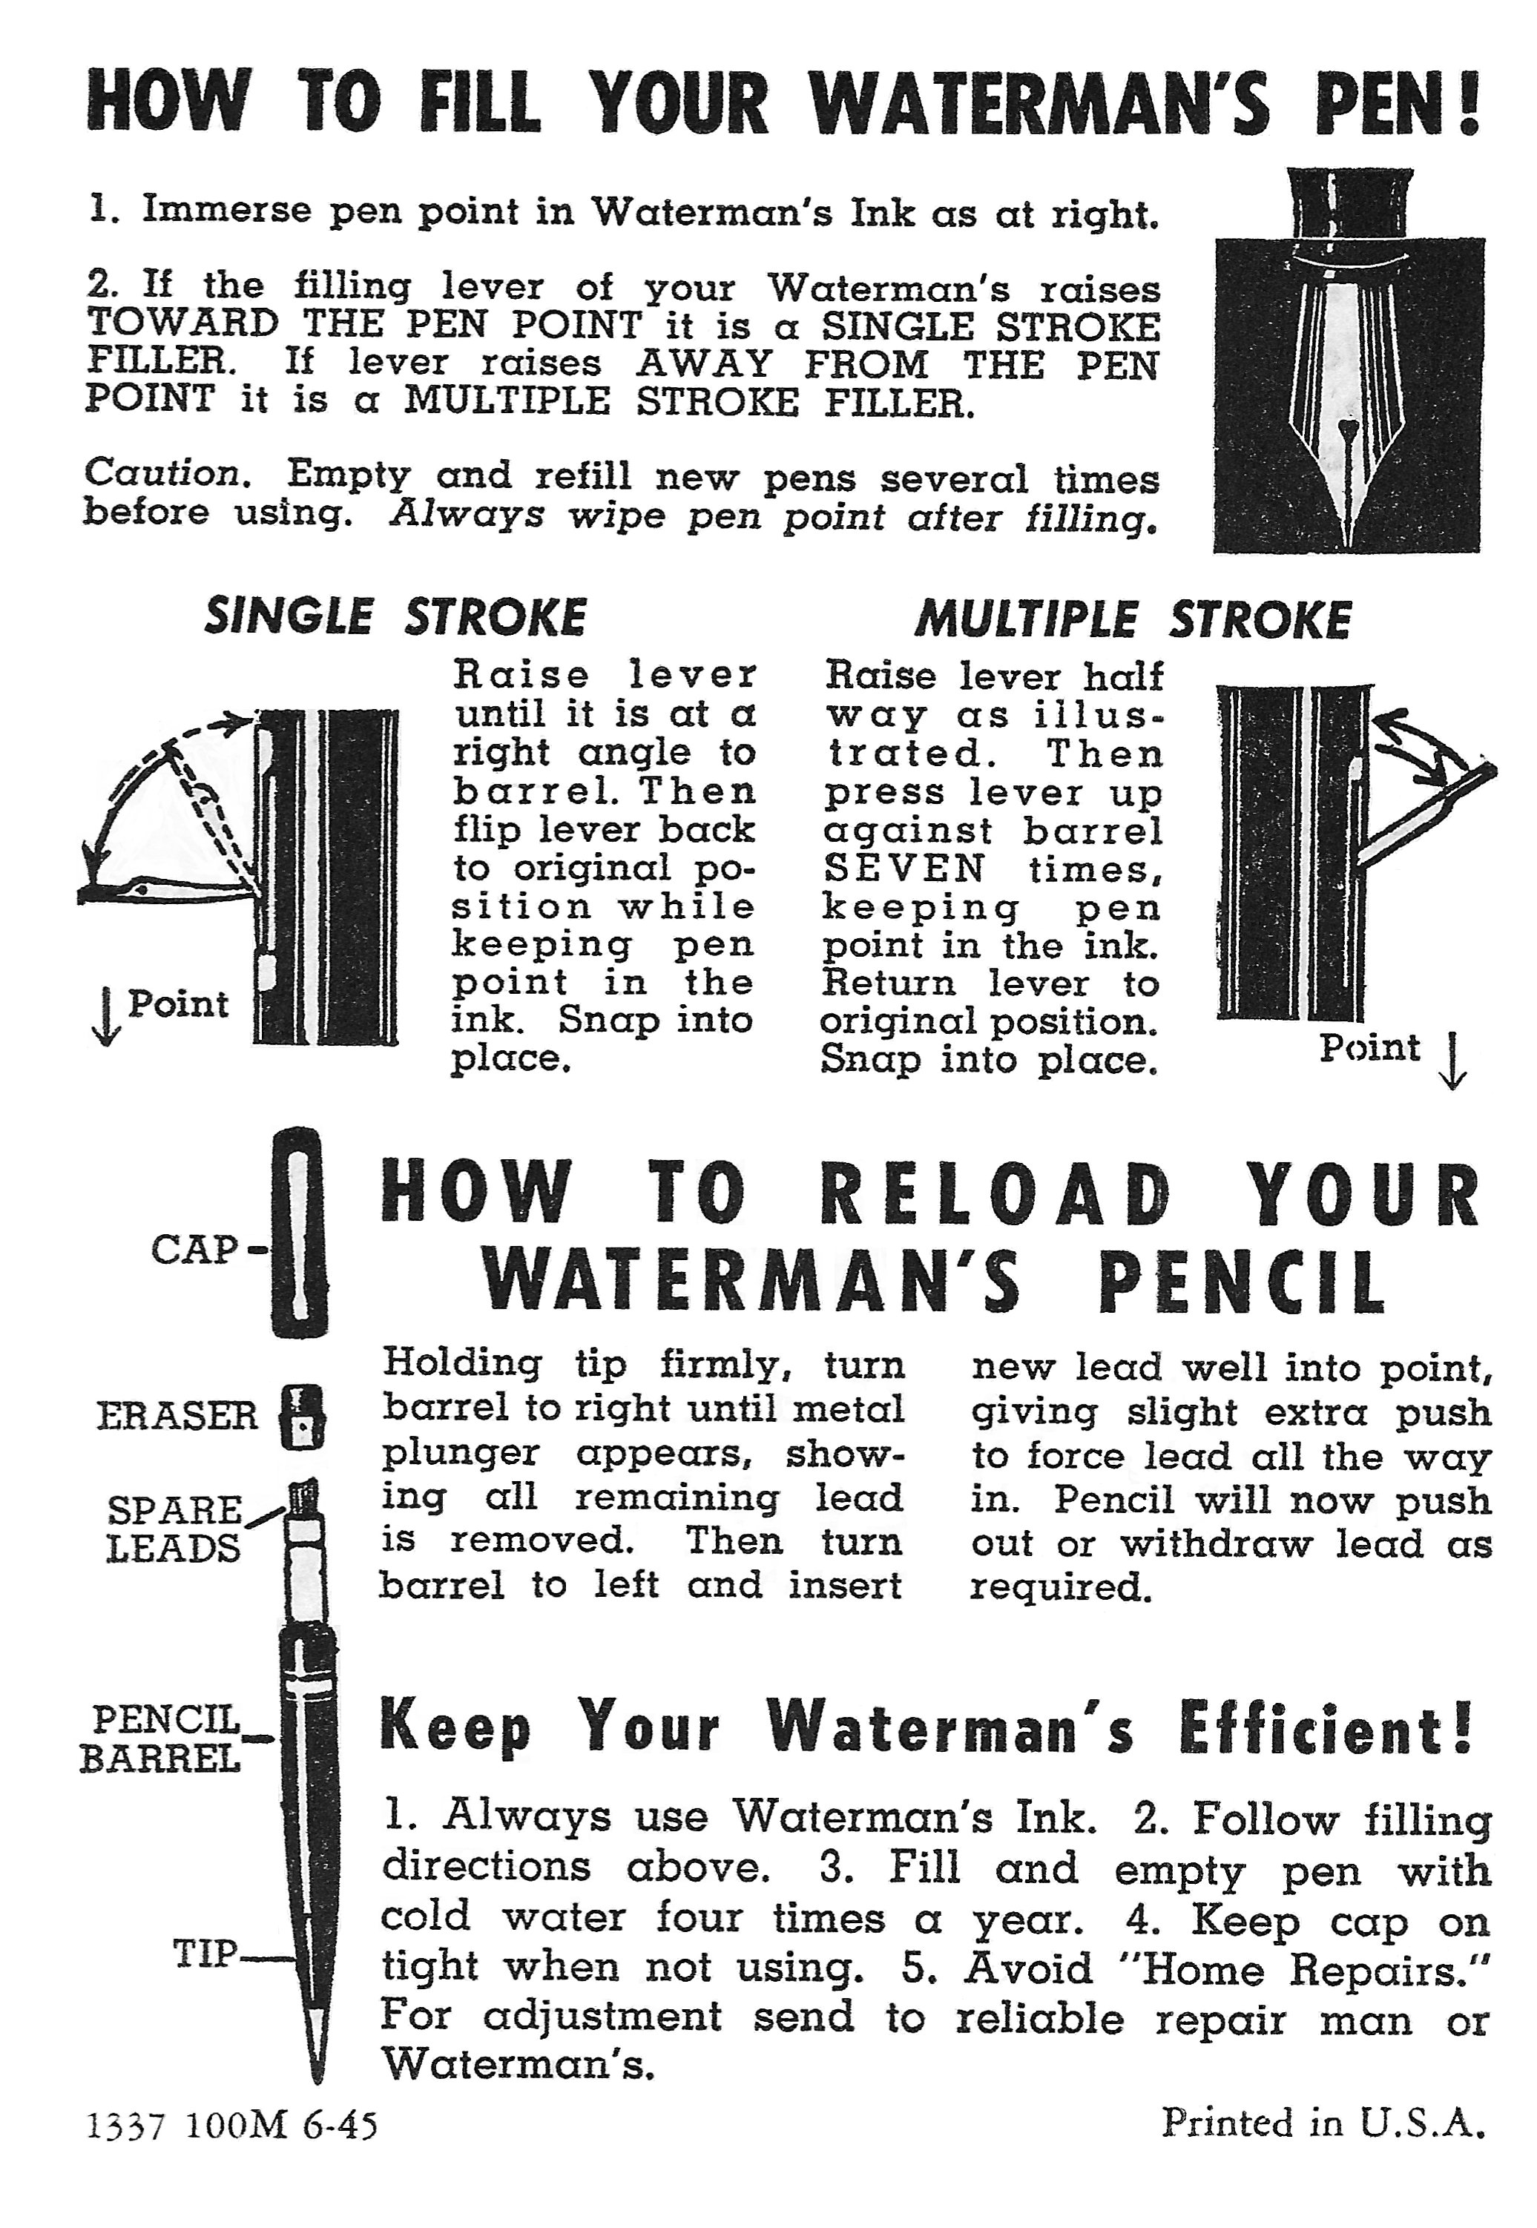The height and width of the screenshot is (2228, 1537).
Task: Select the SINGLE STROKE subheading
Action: click(395, 617)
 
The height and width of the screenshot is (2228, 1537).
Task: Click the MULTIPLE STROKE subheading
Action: click(1133, 619)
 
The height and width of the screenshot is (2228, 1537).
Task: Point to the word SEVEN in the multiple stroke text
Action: click(904, 869)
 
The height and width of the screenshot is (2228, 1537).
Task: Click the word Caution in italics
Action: click(162, 472)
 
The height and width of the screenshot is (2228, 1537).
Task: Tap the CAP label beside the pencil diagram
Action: click(194, 1250)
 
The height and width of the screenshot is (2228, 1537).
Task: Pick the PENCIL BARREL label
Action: click(160, 1739)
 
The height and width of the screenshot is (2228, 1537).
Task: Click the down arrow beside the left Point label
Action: click(106, 1017)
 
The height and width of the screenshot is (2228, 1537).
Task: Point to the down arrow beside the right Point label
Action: click(1454, 1060)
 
